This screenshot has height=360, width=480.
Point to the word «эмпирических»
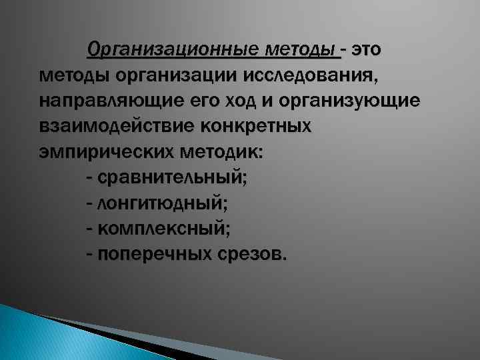pyautogui.click(x=101, y=153)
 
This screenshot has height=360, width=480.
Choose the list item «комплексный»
pyautogui.click(x=163, y=229)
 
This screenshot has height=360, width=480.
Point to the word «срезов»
pyautogui.click(x=251, y=254)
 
